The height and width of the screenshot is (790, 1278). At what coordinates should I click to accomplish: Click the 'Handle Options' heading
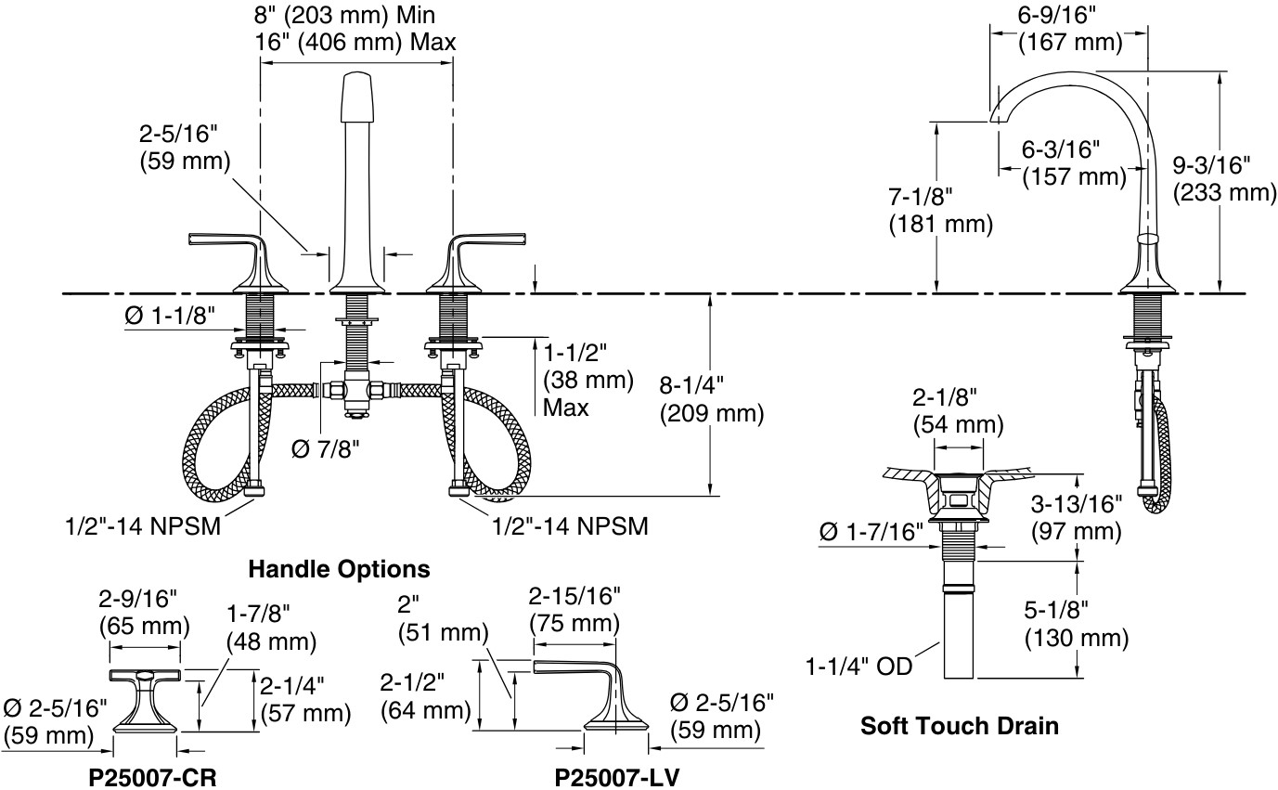[339, 568]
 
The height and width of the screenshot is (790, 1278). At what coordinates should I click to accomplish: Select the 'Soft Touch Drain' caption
[960, 724]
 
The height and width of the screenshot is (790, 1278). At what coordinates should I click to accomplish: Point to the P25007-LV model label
[617, 777]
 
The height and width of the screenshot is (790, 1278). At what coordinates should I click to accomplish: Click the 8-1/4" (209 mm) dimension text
[712, 398]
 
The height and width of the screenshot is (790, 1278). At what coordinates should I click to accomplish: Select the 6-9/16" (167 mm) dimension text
[1070, 30]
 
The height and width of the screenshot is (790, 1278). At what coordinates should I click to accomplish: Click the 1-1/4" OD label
[858, 666]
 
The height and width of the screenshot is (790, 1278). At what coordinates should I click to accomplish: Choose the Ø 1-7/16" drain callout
[871, 533]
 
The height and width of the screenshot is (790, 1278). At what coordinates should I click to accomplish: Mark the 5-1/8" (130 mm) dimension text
[1077, 624]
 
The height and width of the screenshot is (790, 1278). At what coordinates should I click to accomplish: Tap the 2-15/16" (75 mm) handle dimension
[574, 608]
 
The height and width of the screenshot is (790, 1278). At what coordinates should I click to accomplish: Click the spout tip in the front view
[359, 93]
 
